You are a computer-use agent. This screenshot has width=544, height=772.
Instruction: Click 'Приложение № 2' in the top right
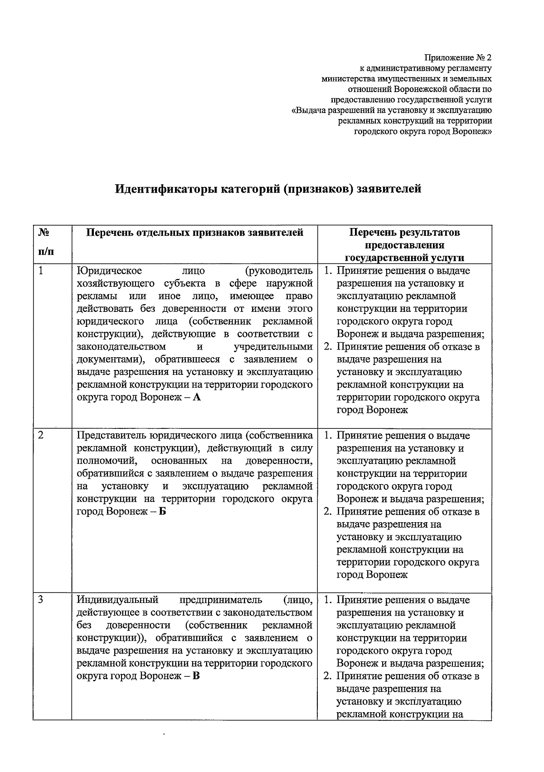(x=458, y=58)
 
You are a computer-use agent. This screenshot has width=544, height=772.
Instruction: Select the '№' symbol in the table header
(x=44, y=233)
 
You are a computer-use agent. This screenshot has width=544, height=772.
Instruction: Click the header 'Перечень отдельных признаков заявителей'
(x=194, y=233)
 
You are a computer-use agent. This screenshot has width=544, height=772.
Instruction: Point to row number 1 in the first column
(x=41, y=271)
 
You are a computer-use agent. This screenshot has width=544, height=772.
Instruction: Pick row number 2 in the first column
(x=41, y=435)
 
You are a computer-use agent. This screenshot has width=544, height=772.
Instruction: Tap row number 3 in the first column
(x=41, y=600)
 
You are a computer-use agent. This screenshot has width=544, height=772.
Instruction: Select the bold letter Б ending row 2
(x=163, y=512)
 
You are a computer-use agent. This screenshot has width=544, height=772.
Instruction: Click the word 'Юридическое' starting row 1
(x=109, y=271)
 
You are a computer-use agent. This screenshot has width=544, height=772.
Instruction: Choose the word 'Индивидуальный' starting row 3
(x=117, y=600)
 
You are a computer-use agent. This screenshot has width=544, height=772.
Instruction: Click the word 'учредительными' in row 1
(x=273, y=347)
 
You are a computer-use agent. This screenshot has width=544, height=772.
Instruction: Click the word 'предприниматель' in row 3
(x=221, y=600)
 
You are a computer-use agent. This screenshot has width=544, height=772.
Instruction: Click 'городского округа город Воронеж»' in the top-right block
(x=423, y=131)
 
